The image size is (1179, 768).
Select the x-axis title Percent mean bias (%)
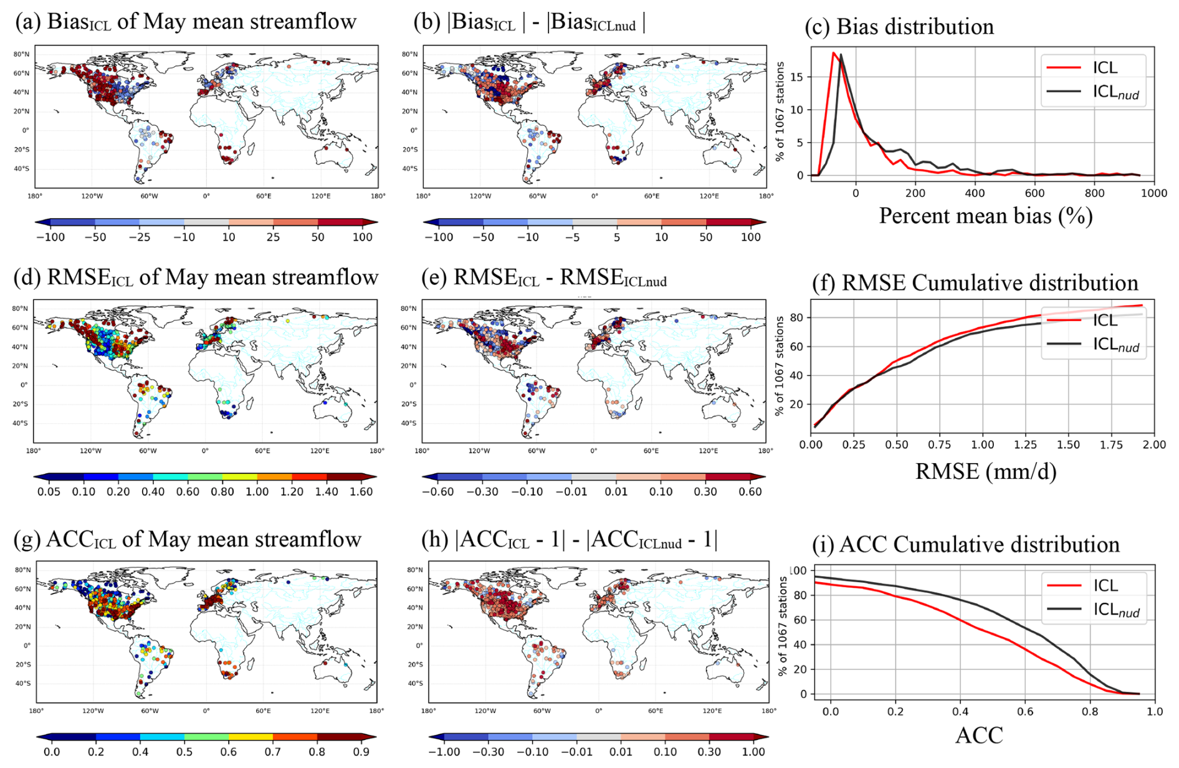(x=985, y=216)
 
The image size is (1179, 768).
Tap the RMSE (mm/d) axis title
(x=985, y=471)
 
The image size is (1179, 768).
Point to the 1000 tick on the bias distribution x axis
(x=1153, y=193)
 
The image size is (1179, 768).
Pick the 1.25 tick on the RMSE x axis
(x=1025, y=444)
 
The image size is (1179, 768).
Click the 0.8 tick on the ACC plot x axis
(x=1089, y=711)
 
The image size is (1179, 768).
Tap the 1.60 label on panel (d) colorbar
(x=361, y=492)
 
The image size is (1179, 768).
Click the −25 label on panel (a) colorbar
(x=140, y=238)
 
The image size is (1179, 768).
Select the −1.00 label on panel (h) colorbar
(x=444, y=752)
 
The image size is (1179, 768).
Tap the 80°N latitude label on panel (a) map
(x=21, y=54)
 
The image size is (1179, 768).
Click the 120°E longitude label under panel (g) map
(x=320, y=711)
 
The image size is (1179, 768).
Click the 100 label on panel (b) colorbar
(x=750, y=238)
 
